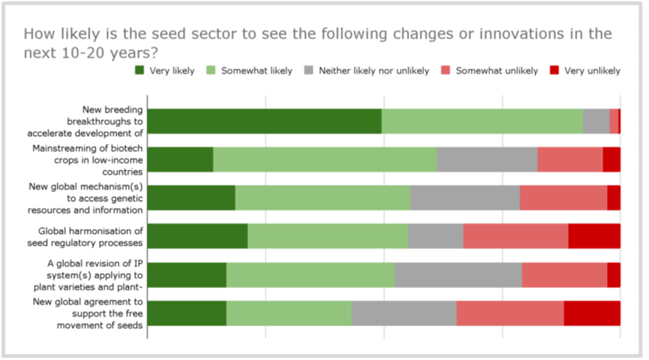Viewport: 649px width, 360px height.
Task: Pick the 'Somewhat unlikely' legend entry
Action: (497, 71)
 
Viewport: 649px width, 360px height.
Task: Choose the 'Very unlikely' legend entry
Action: (593, 71)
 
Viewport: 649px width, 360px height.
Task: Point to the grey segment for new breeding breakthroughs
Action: (596, 121)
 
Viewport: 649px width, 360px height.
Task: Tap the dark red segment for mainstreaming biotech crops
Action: (611, 160)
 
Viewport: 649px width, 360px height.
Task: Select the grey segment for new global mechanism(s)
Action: (465, 197)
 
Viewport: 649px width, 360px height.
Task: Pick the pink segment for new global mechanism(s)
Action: (563, 197)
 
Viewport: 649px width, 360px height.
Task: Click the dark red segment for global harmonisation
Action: (594, 235)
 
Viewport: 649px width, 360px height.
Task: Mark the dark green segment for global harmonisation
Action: (197, 235)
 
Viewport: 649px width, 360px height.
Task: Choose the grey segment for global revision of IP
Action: (458, 274)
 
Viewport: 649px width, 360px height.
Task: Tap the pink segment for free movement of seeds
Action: (510, 313)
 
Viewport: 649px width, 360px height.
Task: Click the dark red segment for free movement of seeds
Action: (592, 313)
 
